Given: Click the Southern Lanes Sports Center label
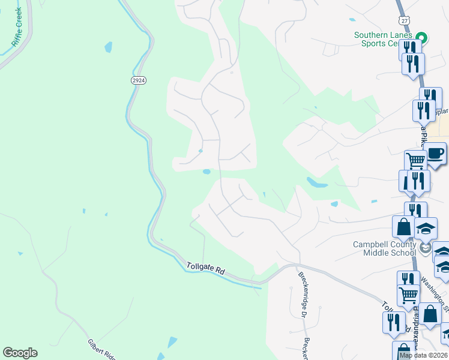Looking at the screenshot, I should click(x=384, y=39).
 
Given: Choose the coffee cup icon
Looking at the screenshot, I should click(x=436, y=152).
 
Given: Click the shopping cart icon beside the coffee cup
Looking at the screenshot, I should click(x=415, y=160).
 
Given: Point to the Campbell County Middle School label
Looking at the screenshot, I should click(x=384, y=248).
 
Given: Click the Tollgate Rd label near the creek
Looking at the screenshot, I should click(x=205, y=268).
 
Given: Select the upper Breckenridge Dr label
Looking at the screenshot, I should click(x=303, y=287).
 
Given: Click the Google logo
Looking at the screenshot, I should click(x=20, y=353).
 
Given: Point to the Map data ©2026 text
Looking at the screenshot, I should click(x=423, y=355).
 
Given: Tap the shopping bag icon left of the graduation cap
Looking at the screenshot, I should click(x=402, y=226).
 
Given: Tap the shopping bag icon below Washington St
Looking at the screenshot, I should click(x=430, y=313).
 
